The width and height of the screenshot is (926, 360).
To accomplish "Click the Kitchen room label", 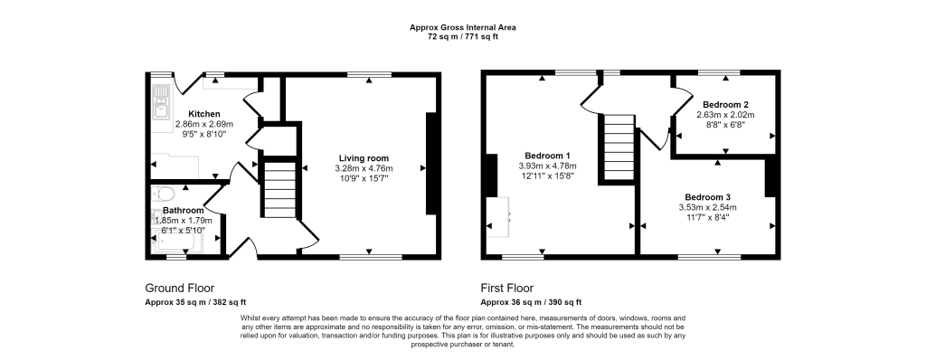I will click(x=204, y=114).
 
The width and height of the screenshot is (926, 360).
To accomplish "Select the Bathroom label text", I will click(x=184, y=210).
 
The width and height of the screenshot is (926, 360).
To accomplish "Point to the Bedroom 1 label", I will click(x=547, y=156).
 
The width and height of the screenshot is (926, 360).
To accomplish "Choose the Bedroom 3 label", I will click(x=707, y=197).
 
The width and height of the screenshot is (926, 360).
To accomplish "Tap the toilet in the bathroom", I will click(x=164, y=193).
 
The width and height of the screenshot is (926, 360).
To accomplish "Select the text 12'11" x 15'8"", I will click(x=547, y=176).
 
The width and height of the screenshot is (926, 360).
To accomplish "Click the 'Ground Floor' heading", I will click(x=180, y=288).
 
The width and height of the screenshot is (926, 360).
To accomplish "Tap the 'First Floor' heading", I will click(x=509, y=288).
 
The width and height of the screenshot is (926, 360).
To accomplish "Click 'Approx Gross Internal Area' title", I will click(x=463, y=28).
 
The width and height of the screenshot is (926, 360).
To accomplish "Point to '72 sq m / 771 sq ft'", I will click(x=463, y=37).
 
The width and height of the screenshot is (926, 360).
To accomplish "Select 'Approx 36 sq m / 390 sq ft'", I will click(x=531, y=302).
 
